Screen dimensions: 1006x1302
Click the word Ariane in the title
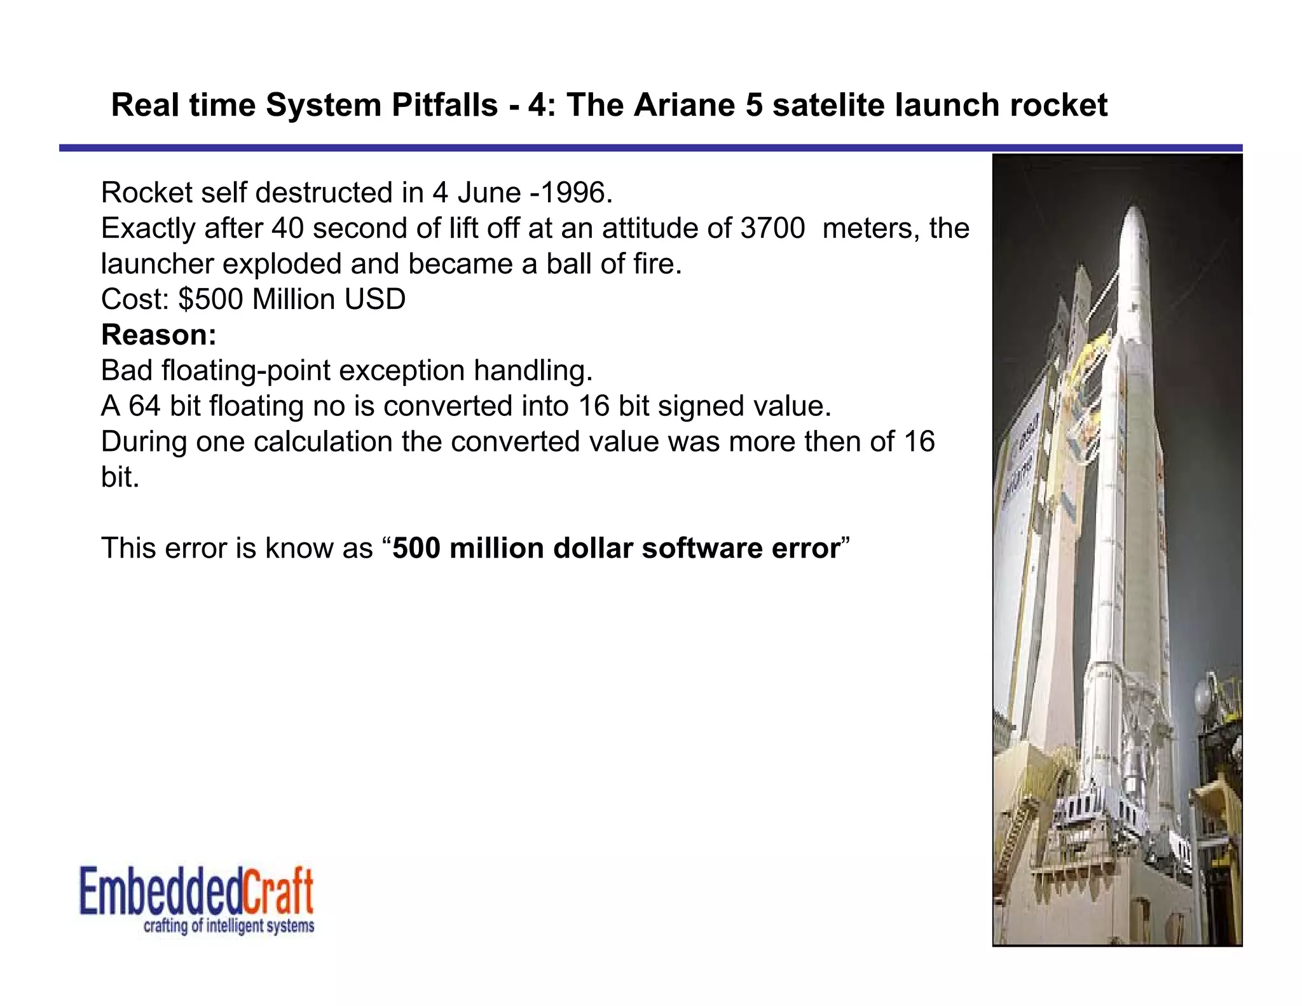tap(684, 105)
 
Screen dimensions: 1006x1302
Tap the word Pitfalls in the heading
tap(444, 105)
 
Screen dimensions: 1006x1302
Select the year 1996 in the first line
tap(575, 193)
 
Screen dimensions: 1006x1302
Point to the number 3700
tap(772, 228)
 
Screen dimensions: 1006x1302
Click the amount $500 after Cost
tap(210, 300)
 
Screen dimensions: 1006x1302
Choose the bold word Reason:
tap(159, 335)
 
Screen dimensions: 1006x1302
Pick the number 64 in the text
tap(144, 406)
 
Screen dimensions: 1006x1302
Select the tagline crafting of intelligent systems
tap(229, 926)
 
